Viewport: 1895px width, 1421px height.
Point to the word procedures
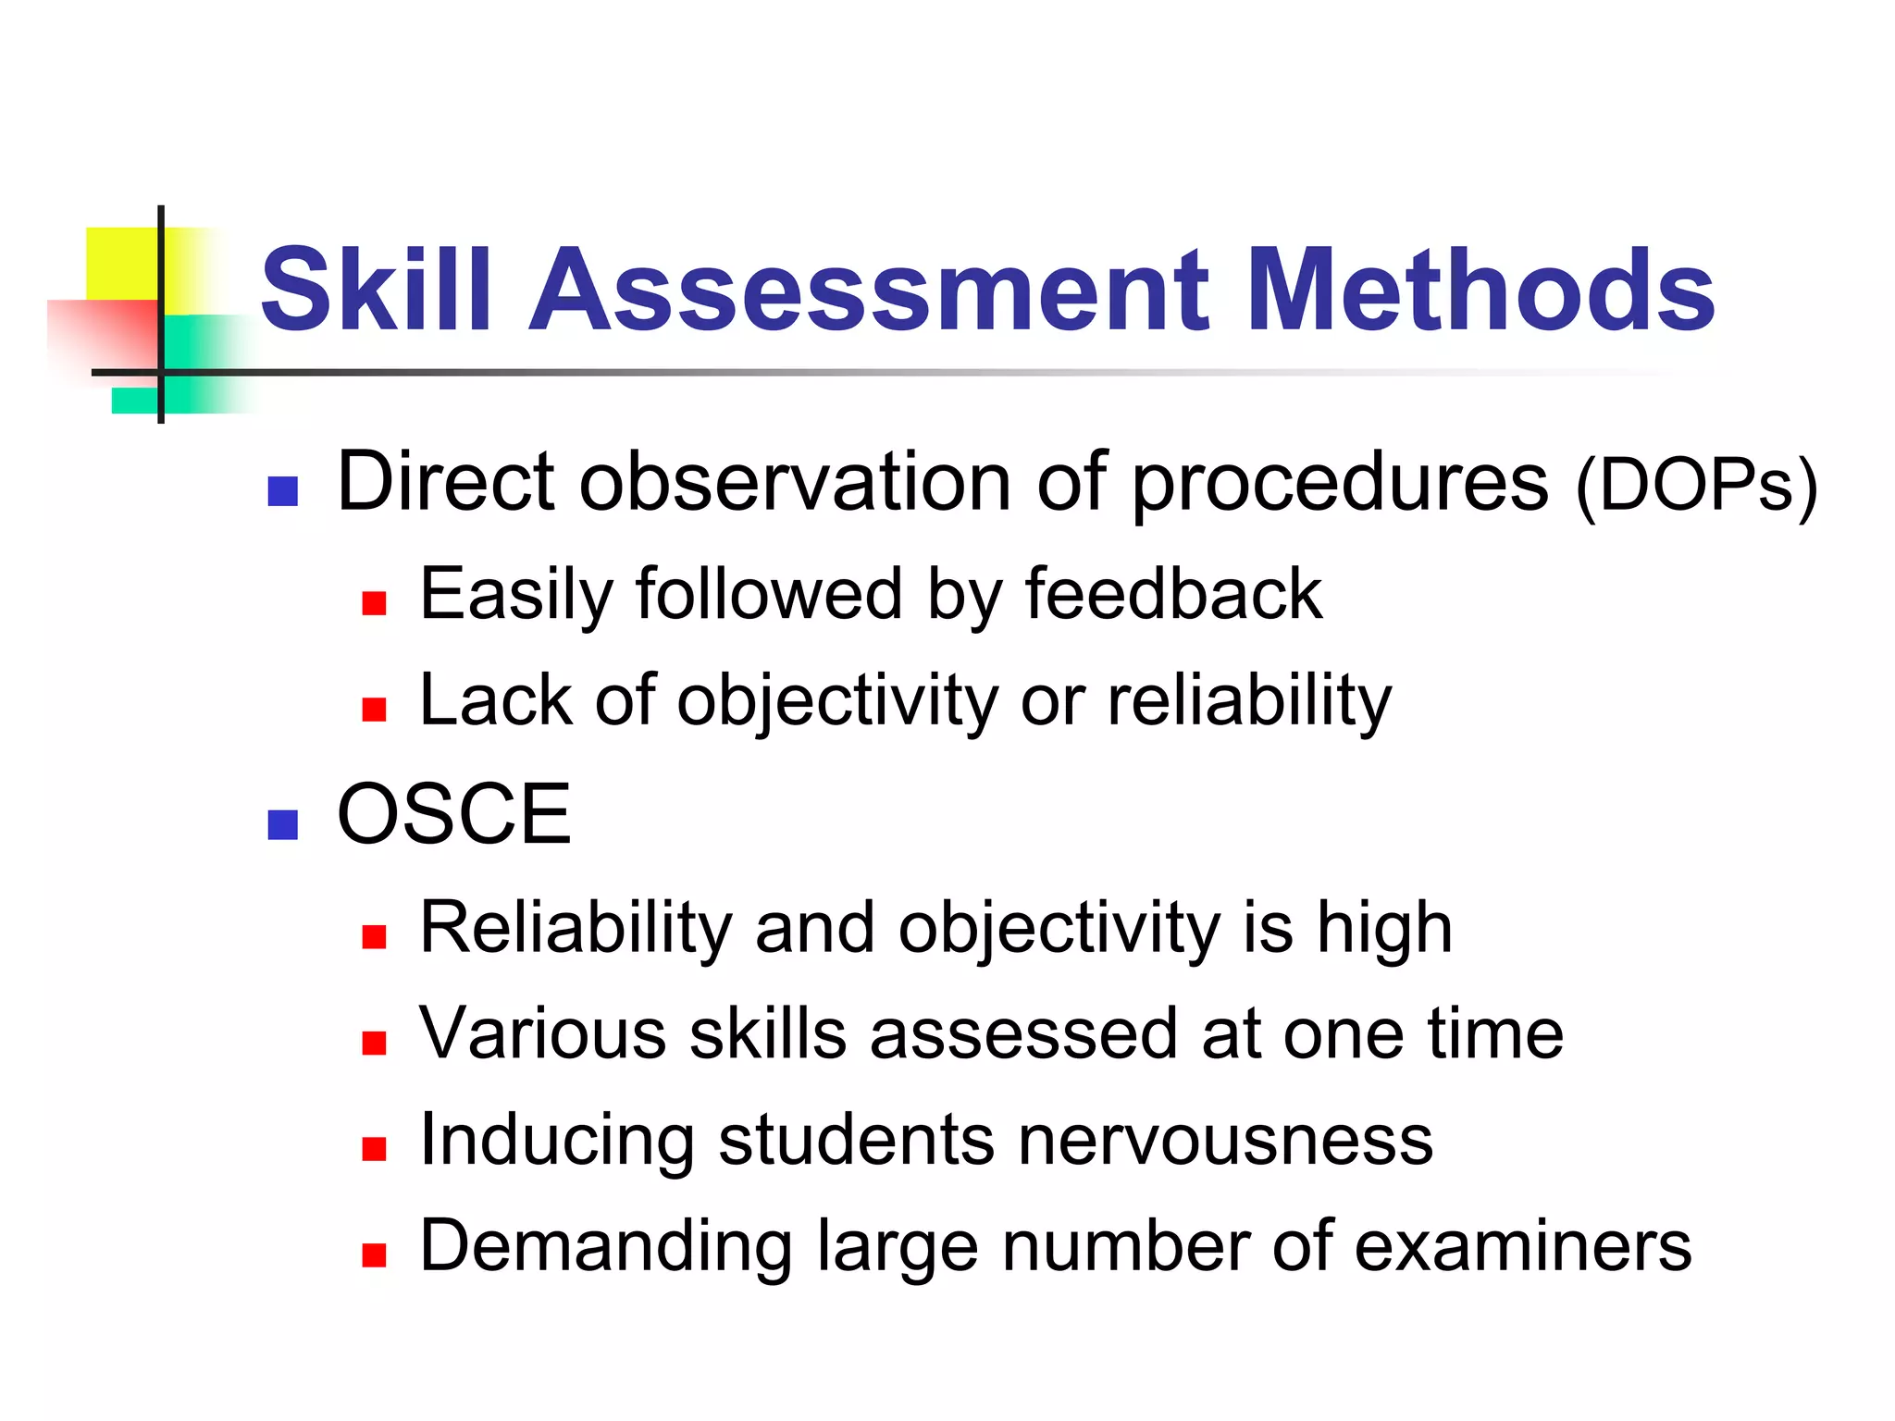click(1339, 484)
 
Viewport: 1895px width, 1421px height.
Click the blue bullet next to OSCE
click(282, 824)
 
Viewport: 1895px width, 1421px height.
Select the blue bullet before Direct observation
click(282, 491)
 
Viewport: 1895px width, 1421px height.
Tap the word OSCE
click(453, 814)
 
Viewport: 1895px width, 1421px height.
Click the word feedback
click(1173, 594)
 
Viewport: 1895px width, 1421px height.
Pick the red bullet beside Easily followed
click(374, 604)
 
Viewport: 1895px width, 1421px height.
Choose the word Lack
click(495, 699)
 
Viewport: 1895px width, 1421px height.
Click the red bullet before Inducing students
click(374, 1149)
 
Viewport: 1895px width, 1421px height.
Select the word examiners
click(1523, 1246)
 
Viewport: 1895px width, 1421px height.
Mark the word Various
click(542, 1033)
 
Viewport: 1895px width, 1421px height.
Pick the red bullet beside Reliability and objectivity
click(374, 937)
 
